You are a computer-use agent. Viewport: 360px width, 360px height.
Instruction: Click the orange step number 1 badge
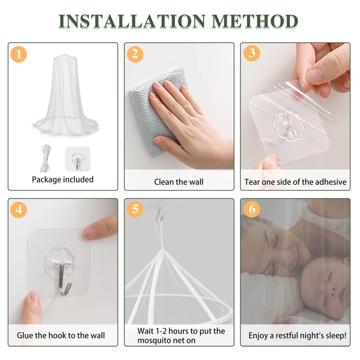[x=19, y=54]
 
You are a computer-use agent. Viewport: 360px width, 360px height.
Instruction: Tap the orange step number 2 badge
[x=135, y=54]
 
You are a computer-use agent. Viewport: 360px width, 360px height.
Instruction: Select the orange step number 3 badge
[x=252, y=53]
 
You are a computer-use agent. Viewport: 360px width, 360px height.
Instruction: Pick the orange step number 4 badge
[x=19, y=210]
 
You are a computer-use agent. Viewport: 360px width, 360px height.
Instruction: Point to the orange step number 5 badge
[x=135, y=209]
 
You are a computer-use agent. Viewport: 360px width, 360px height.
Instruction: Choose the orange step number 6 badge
[x=252, y=209]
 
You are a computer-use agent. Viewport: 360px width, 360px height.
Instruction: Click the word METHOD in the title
[x=255, y=21]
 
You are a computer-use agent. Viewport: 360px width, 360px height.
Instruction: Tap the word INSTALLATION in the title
[x=132, y=21]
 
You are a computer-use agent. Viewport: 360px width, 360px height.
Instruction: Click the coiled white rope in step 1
[x=46, y=158]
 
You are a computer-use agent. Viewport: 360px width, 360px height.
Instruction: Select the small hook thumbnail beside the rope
[x=78, y=159]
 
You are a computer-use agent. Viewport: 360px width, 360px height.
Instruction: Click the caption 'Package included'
[x=63, y=180]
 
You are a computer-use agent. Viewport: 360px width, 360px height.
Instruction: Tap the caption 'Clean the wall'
[x=179, y=182]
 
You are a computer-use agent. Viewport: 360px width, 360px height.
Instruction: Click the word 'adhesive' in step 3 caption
[x=331, y=182]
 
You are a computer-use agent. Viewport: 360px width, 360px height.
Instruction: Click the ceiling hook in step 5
[x=158, y=215]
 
